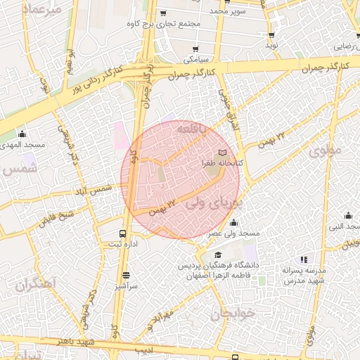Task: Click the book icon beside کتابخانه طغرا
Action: point(223,152)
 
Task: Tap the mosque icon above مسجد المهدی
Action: point(22,134)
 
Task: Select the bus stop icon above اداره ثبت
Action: point(124,233)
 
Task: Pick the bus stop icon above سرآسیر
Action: point(127,276)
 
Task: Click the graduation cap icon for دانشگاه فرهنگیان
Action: point(219,255)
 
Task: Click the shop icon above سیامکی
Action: point(196,49)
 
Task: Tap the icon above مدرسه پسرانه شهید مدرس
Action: point(304,259)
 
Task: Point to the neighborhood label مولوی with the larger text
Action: point(324,150)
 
